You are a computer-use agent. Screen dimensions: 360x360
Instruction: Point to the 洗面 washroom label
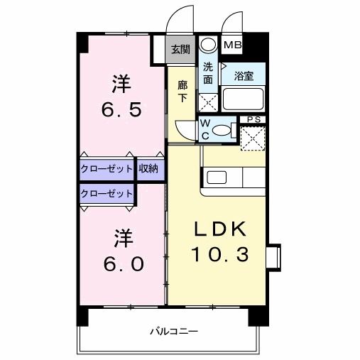pyautogui.click(x=207, y=74)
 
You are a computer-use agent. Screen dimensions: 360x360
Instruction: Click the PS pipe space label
pyautogui.click(x=251, y=119)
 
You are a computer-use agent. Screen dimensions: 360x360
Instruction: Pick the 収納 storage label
pyautogui.click(x=149, y=169)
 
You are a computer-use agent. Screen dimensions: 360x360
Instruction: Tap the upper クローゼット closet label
pyautogui.click(x=106, y=169)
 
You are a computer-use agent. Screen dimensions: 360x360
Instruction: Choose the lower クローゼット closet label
pyautogui.click(x=106, y=193)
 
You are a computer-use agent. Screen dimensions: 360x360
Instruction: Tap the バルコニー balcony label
pyautogui.click(x=173, y=331)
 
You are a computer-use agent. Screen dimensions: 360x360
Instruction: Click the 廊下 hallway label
pyautogui.click(x=182, y=91)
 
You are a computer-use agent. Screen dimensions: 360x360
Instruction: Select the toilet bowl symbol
pyautogui.click(x=221, y=131)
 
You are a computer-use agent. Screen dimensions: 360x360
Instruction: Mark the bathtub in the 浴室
pyautogui.click(x=244, y=99)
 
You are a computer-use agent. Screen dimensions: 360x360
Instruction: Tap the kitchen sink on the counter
pyautogui.click(x=214, y=177)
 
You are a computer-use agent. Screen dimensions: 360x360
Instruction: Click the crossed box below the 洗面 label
pyautogui.click(x=207, y=102)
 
